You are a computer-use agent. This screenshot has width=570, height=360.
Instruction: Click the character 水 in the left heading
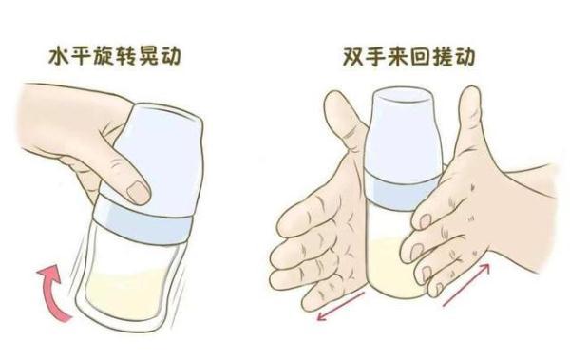click(59, 56)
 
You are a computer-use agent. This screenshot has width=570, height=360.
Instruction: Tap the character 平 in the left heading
click(85, 56)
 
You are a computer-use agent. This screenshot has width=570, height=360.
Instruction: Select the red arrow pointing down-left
click(340, 306)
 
